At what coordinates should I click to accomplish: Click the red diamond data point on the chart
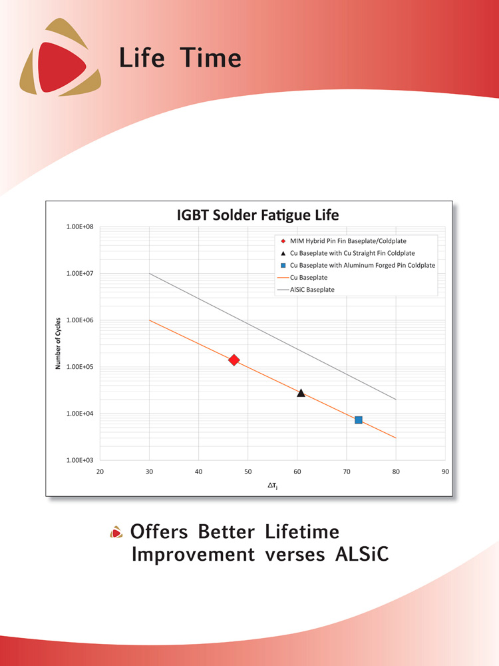234,360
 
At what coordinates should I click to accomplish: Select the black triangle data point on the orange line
301,393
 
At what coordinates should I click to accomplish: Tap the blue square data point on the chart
359,420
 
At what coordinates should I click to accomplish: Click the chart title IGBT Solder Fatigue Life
258,215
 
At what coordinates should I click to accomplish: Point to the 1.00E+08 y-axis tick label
80,227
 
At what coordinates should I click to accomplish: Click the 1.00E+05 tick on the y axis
80,367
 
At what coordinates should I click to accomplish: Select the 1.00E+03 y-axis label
80,460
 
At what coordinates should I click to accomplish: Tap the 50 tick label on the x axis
248,472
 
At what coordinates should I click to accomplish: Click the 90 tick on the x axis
445,472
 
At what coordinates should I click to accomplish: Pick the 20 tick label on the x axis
100,472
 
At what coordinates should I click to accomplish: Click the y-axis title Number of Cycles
58,343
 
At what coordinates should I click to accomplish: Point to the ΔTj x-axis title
272,486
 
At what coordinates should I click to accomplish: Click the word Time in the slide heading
211,58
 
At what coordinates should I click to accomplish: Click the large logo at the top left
61,57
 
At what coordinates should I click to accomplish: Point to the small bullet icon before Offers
116,532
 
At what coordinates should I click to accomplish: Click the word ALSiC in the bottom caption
362,554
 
